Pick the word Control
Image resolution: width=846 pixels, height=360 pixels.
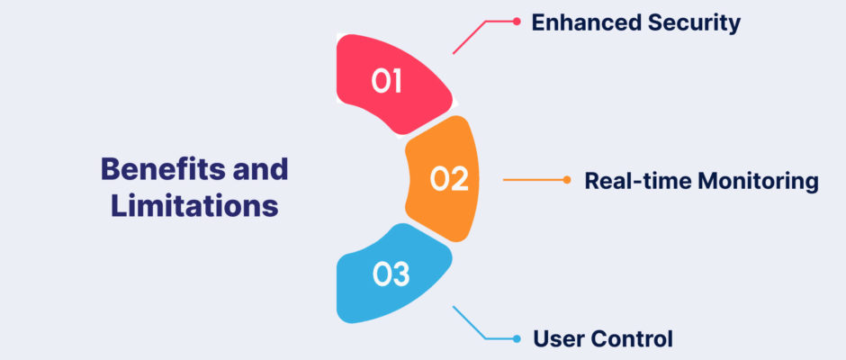(x=632, y=339)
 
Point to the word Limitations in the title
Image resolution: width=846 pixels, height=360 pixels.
(x=194, y=206)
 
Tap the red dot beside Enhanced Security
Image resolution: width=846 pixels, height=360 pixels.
(x=517, y=22)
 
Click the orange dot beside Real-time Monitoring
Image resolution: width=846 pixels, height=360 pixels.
(x=566, y=180)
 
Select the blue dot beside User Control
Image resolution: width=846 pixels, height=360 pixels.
(x=517, y=339)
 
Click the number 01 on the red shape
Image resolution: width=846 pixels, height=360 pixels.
(x=386, y=82)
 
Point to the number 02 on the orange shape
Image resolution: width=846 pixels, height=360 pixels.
(x=449, y=179)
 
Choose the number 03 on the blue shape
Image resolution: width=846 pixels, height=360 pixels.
(x=391, y=274)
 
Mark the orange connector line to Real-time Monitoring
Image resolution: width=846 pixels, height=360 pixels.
(x=535, y=180)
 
